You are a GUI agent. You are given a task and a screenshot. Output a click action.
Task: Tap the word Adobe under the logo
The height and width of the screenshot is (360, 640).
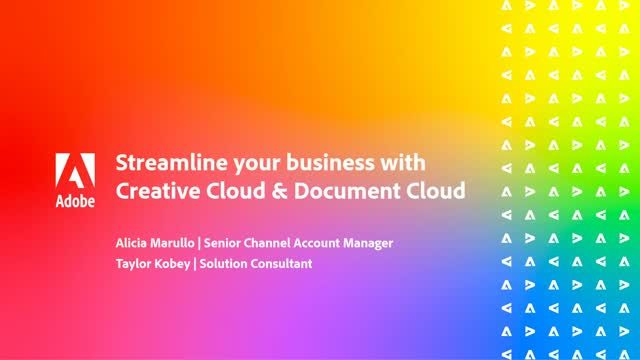click(76, 200)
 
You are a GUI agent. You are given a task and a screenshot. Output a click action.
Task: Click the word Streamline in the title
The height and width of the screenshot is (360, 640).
click(163, 163)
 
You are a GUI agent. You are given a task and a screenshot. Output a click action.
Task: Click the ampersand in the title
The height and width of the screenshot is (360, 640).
click(259, 190)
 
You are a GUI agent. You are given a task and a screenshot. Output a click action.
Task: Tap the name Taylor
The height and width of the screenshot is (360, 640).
click(135, 264)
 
